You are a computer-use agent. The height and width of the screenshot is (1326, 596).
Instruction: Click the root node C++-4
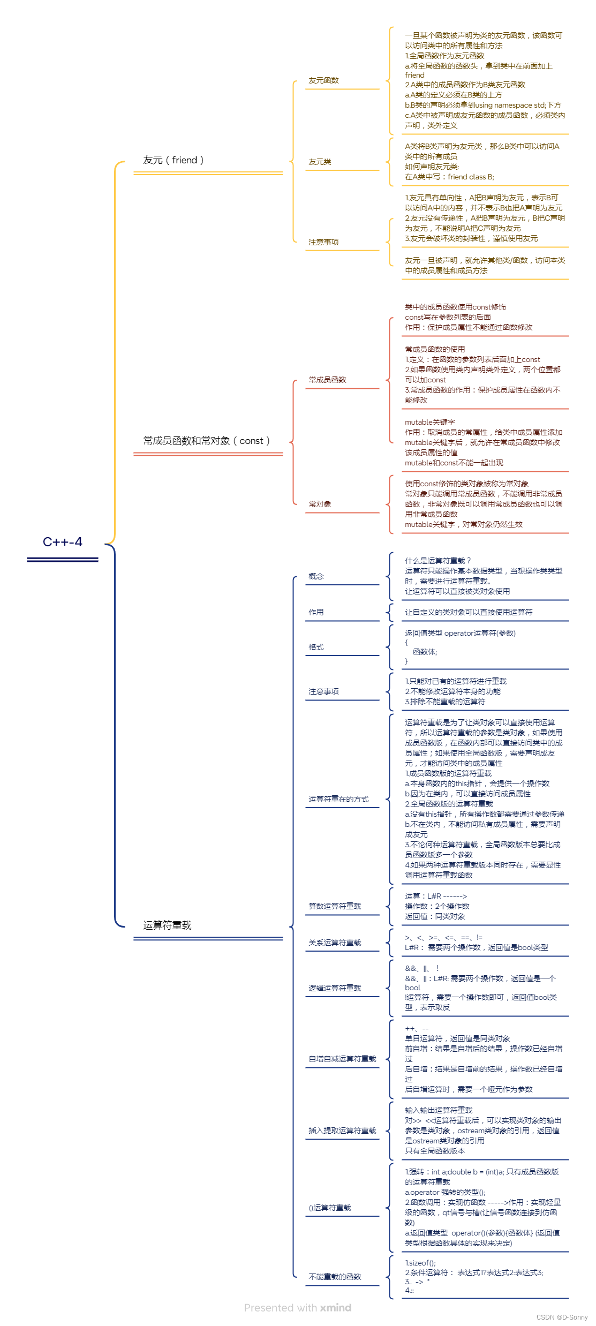(63, 542)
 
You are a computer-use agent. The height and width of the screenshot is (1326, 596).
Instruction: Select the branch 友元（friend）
(173, 160)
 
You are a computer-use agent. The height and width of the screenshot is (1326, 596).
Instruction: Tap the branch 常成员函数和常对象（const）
(207, 441)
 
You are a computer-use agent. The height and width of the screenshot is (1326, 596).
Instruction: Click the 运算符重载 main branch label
(167, 925)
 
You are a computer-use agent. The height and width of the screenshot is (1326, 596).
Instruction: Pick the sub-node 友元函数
(323, 80)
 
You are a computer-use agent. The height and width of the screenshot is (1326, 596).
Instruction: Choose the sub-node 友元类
(320, 162)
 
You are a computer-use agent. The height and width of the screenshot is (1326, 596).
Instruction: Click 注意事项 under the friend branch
(323, 242)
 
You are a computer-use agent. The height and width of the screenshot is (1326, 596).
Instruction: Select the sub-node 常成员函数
(327, 380)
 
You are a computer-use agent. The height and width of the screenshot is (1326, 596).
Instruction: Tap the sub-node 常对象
(320, 504)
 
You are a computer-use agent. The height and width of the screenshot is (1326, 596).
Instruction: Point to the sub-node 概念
(316, 576)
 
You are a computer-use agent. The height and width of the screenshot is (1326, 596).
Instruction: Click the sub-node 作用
(316, 612)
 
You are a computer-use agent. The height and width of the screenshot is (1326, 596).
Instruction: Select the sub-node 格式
(316, 647)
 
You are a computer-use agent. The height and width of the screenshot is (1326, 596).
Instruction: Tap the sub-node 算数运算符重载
(335, 906)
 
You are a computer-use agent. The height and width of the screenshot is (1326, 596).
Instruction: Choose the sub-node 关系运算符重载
(335, 943)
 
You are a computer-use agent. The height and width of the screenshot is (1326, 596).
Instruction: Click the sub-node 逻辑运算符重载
(335, 988)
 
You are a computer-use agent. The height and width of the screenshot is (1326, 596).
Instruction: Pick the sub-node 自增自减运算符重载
(342, 1059)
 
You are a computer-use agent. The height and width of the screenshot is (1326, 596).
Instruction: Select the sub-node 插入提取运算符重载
(342, 1131)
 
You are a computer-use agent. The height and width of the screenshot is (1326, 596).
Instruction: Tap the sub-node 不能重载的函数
(335, 1277)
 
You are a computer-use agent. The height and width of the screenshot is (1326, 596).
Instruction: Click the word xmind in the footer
(336, 1308)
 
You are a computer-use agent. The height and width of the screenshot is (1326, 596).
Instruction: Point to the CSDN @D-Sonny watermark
(562, 1317)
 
